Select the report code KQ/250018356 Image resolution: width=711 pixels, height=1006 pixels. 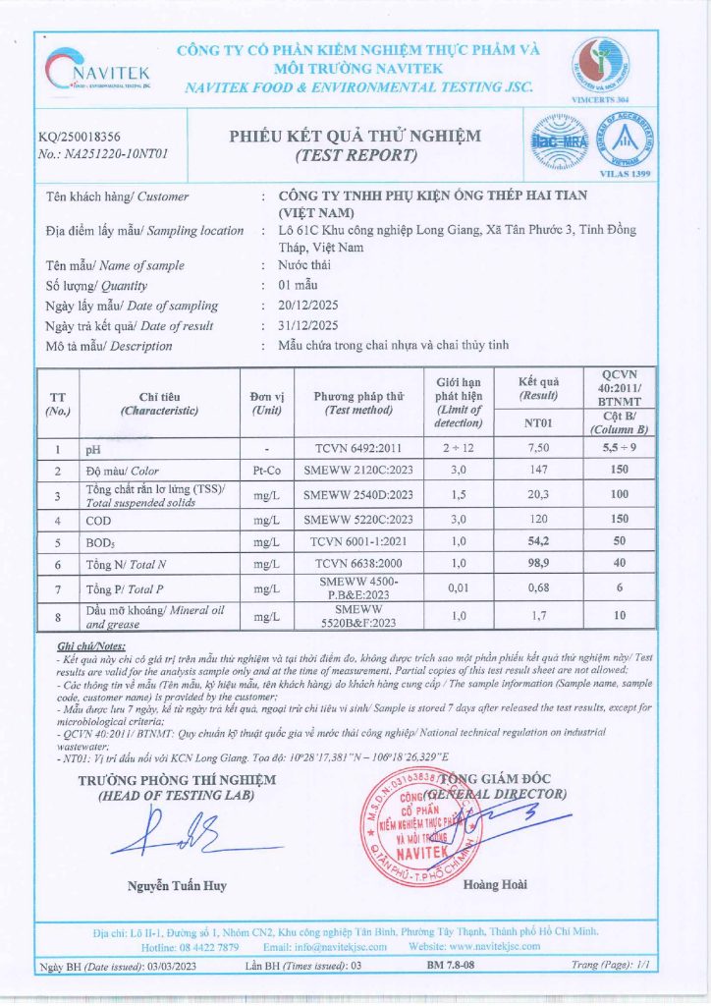(80, 137)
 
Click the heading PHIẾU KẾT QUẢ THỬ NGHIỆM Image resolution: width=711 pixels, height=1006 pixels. (355, 137)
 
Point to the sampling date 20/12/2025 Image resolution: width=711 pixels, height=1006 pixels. (308, 306)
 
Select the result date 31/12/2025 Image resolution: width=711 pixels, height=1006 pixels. (308, 325)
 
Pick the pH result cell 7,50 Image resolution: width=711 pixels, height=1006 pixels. (537, 449)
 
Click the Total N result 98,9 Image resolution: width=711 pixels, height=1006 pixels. (537, 564)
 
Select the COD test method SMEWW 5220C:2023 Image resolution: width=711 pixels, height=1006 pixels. (358, 519)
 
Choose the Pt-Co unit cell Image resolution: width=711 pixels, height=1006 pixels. (266, 471)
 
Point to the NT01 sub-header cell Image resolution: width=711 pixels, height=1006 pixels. (537, 423)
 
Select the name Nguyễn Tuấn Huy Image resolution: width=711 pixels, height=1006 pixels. (177, 885)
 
